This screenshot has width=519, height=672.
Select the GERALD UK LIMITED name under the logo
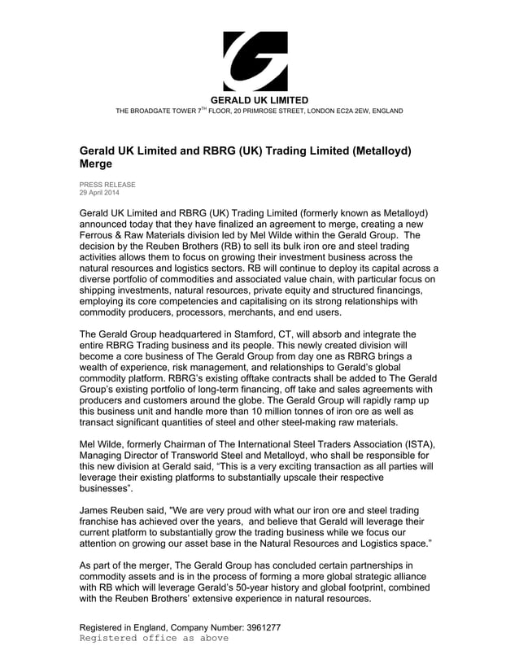point(259,100)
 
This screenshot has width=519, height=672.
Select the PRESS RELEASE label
point(107,185)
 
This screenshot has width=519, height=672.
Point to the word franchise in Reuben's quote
point(102,521)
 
